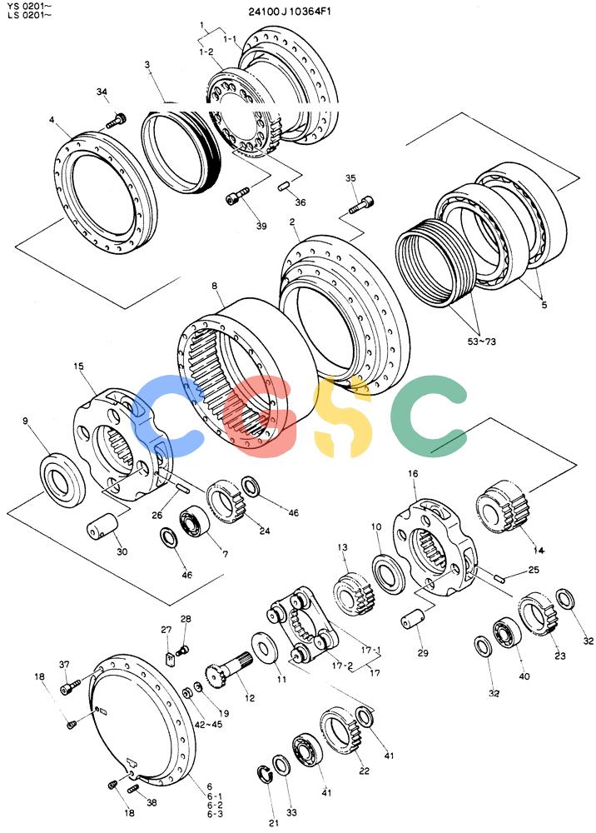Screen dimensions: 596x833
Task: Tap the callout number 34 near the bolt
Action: pyautogui.click(x=102, y=92)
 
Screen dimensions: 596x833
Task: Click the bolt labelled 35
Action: pyautogui.click(x=361, y=205)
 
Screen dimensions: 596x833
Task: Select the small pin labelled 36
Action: pyautogui.click(x=283, y=186)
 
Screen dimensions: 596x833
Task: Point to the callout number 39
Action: pyautogui.click(x=261, y=226)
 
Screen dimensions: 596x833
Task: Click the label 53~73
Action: pyautogui.click(x=481, y=341)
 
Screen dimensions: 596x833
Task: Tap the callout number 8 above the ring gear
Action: pyautogui.click(x=215, y=286)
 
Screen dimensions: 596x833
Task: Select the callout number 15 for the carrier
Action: pyautogui.click(x=79, y=367)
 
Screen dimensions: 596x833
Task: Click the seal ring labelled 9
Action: pyautogui.click(x=63, y=481)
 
